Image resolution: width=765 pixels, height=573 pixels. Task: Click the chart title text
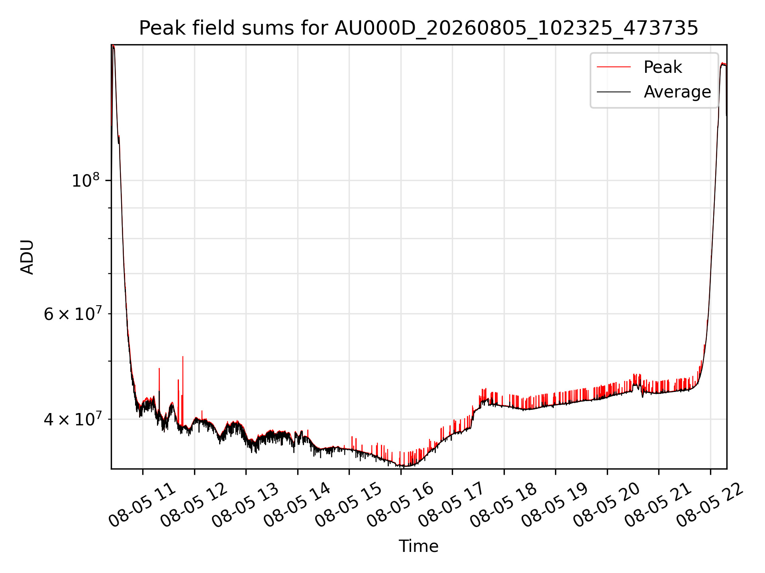tap(418, 28)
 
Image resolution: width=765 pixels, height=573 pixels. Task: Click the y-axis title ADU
tap(27, 257)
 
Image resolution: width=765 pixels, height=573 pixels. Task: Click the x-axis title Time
tap(418, 546)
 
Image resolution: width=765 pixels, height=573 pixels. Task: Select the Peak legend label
tap(663, 67)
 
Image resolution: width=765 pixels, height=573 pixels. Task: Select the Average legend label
tap(677, 92)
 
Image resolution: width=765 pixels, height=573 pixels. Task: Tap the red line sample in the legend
tap(614, 67)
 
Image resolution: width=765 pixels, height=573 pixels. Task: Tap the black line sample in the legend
tap(614, 92)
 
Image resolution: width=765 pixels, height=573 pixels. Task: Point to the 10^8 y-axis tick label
tap(85, 180)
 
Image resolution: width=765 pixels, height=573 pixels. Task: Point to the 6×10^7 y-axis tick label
tap(72, 314)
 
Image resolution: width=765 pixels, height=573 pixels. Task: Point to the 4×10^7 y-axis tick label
tap(72, 419)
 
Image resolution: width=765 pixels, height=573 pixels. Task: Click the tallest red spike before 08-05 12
tap(183, 357)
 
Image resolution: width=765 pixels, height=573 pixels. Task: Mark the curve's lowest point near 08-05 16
tap(406, 466)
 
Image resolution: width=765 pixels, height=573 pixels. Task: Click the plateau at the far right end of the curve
tap(724, 64)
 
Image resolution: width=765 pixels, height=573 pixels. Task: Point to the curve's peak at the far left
tap(113, 46)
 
